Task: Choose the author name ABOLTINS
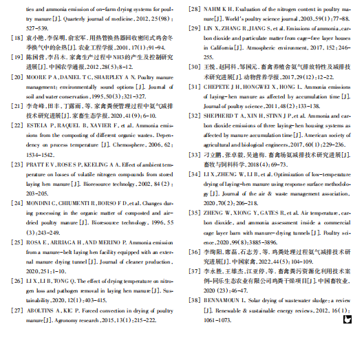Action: pyautogui.click(x=42, y=310)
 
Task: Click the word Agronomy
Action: pyautogui.click(x=58, y=320)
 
